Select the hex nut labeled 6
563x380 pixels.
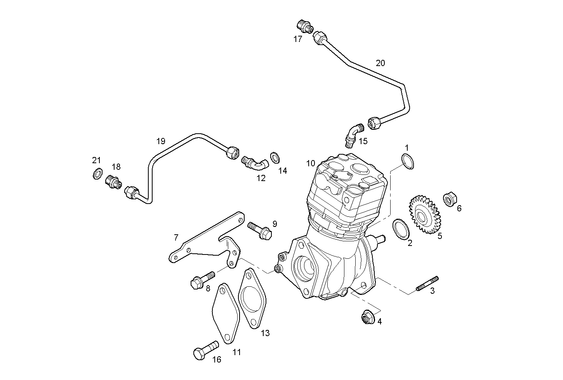pos(450,200)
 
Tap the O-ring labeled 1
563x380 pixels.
pos(407,161)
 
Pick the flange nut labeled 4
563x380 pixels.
pos(367,317)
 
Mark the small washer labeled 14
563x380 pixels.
pos(275,157)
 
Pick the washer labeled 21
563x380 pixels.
pos(97,173)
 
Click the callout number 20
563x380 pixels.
pos(380,63)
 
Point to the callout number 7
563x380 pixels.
pos(176,237)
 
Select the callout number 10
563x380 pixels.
pos(311,163)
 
